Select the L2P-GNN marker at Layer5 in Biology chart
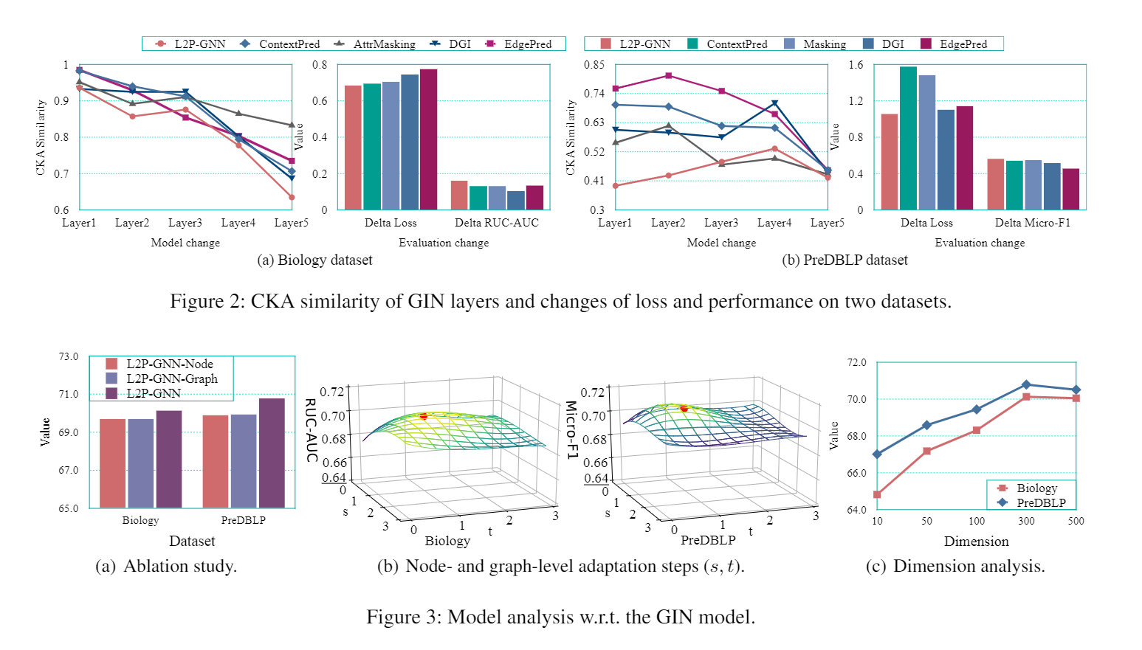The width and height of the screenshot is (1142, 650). point(292,197)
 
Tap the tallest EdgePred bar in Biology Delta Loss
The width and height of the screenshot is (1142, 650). point(428,139)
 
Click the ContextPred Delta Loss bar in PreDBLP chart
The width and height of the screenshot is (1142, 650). point(908,138)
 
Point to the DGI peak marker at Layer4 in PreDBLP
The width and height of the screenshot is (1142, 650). point(774,103)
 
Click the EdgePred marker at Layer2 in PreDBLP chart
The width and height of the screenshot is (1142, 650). point(668,75)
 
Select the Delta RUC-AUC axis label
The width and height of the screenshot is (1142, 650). point(496,223)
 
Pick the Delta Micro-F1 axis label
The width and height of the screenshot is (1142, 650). point(1032,223)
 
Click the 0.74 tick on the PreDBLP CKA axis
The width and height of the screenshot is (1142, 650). point(594,94)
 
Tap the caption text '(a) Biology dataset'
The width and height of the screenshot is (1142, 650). point(314,260)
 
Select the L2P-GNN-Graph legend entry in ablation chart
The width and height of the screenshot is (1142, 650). point(171,378)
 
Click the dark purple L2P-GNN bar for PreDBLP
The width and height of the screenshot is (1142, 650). point(272,453)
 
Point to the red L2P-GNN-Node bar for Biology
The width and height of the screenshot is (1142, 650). point(112,463)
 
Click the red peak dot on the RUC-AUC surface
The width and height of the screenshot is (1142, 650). point(423,416)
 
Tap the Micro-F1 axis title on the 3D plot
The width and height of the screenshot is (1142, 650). point(571,429)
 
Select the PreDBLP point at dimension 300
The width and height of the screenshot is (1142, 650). point(1026,384)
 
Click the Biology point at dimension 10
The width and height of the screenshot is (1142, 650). point(877,494)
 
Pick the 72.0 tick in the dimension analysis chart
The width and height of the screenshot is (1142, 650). point(856,362)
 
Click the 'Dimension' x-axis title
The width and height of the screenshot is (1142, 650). point(976,542)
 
